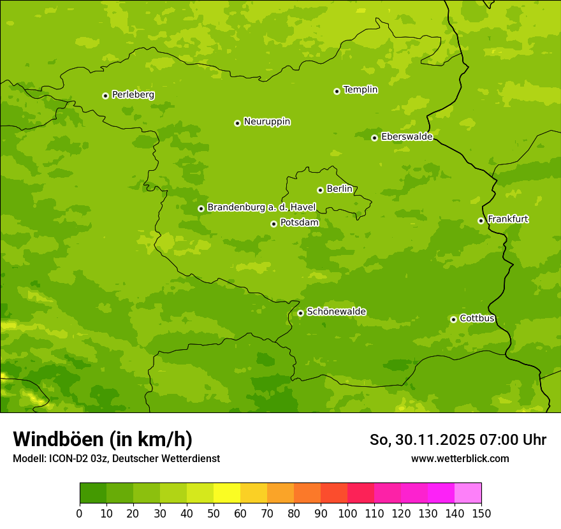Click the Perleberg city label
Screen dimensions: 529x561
(133, 95)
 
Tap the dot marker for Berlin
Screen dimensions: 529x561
(320, 190)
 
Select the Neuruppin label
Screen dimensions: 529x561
(266, 122)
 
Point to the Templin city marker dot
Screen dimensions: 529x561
(337, 91)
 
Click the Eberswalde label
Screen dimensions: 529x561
(407, 137)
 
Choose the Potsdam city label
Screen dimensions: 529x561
(299, 223)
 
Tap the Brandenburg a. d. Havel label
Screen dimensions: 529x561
(261, 208)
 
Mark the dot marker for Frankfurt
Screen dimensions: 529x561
(481, 221)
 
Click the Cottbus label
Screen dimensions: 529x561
(477, 319)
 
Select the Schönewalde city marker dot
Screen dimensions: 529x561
(300, 313)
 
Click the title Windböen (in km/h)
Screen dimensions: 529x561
(103, 439)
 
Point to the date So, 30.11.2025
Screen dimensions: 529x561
(421, 440)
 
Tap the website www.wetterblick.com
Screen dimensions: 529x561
(460, 458)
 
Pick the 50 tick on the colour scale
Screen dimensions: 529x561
(214, 513)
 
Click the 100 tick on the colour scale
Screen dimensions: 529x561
(347, 513)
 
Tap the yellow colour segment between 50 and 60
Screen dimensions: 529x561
(227, 493)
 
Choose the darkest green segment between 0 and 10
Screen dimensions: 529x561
(93, 493)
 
